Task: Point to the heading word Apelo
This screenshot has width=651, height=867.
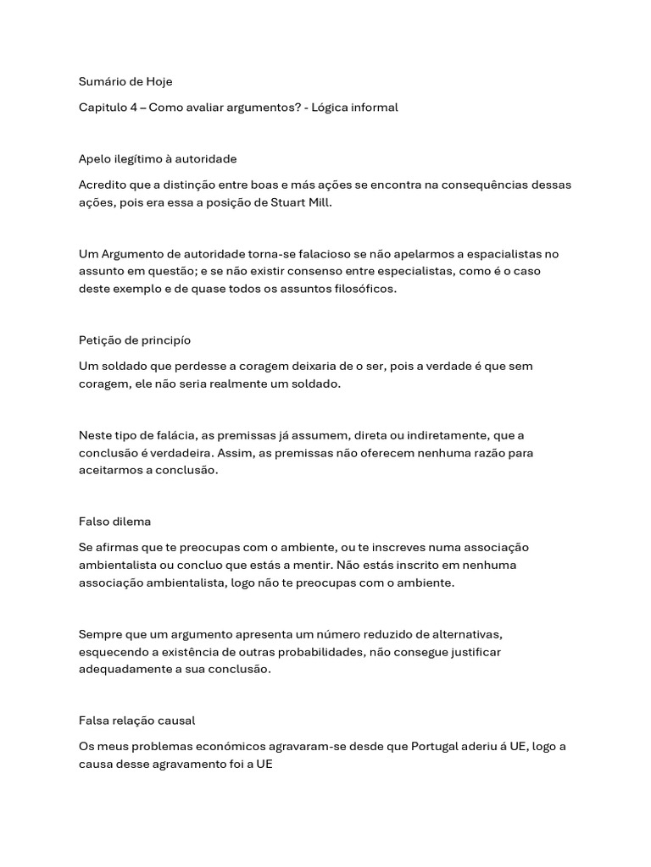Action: pyautogui.click(x=94, y=158)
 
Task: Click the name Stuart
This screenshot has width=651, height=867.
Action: pyautogui.click(x=278, y=203)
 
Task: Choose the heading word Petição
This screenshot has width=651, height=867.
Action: pyautogui.click(x=100, y=340)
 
